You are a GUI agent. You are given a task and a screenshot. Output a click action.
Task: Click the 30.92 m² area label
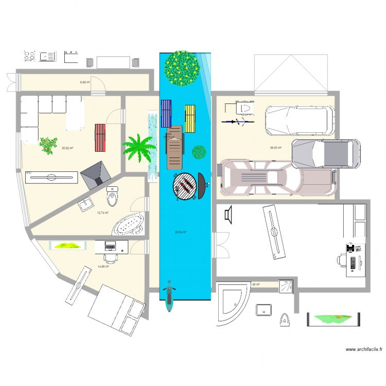67,148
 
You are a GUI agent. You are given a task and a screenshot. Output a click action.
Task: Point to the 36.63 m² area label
276,148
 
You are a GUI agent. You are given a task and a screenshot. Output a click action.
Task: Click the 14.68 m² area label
103,267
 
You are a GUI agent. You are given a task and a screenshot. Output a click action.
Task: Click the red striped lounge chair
100,138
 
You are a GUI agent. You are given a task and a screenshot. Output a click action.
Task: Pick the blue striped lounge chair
166,113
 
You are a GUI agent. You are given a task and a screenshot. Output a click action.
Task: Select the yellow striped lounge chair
190,118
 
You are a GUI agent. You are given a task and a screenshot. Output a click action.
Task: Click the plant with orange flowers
48,145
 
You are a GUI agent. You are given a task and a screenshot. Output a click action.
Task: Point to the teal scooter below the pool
168,297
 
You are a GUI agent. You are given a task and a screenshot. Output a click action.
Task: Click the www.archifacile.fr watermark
364,349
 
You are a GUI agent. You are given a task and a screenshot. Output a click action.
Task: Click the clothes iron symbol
284,319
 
